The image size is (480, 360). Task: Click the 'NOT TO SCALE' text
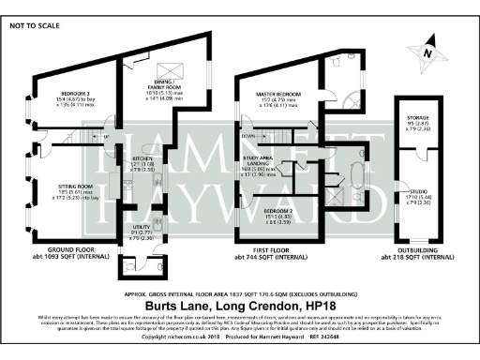point(33,26)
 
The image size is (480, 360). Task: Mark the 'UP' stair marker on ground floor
point(106,137)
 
